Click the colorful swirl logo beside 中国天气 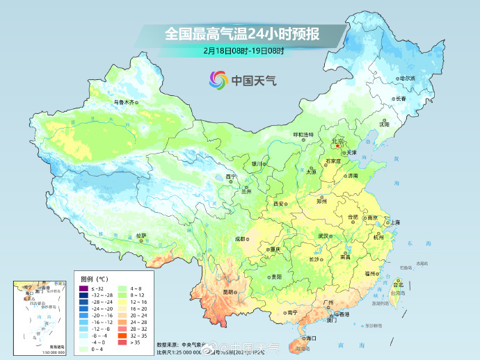click(x=217, y=80)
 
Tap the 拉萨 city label click(x=142, y=236)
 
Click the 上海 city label click(x=394, y=222)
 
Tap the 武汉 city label click(x=323, y=236)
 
